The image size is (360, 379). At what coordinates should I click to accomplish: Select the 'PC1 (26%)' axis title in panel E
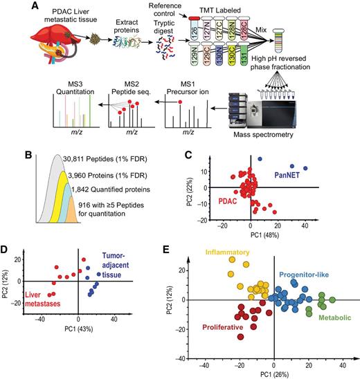274,374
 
